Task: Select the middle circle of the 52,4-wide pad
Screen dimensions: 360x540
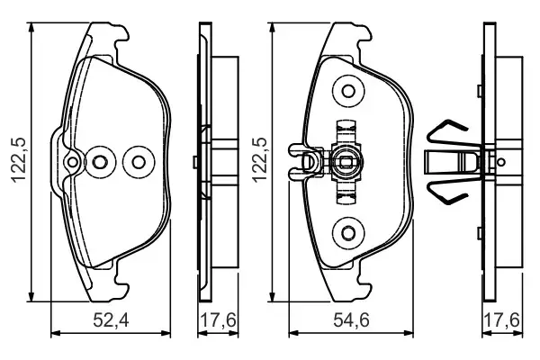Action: [102, 162]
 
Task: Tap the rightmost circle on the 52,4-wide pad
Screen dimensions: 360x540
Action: [138, 162]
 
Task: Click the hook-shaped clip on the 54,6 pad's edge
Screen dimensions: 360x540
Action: [301, 162]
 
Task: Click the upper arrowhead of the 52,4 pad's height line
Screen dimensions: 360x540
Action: [33, 27]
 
